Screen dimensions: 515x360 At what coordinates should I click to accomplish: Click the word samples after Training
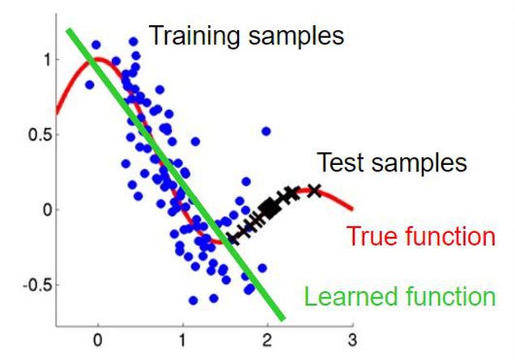coord(296,36)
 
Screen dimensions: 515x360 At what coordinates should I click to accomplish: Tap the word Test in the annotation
coord(342,162)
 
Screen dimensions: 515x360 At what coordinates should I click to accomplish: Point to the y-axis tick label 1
coord(48,60)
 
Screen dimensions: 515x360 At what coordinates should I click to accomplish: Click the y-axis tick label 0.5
coord(40,135)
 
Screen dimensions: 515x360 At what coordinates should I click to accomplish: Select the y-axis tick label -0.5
coord(37,285)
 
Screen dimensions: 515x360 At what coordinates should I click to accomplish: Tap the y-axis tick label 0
coord(48,210)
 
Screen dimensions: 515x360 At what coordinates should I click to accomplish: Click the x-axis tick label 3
coord(353,340)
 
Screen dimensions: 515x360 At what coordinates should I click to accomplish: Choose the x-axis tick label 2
coord(267,340)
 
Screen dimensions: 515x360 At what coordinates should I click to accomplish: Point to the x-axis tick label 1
coord(182,340)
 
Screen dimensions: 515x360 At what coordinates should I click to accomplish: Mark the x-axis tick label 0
coord(97,340)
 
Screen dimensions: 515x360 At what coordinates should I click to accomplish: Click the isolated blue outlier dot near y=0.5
coord(266,132)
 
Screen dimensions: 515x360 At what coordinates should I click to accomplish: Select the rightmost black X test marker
coord(315,191)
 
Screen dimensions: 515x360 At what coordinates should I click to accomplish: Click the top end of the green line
coord(68,30)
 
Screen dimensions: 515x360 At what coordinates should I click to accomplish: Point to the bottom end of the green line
coord(283,318)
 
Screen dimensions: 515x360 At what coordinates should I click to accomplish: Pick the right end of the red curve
coord(351,208)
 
